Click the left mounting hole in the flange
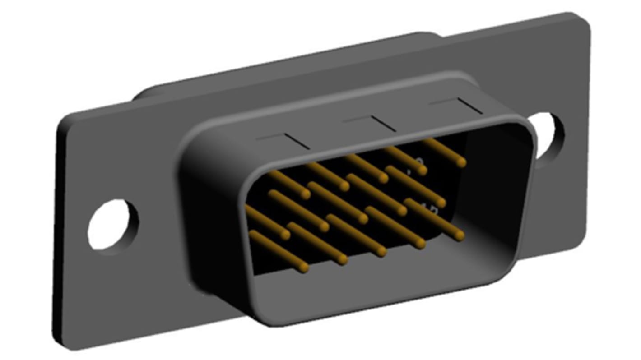pyautogui.click(x=113, y=225)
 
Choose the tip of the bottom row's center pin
pyautogui.click(x=382, y=252)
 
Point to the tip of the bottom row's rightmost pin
pyautogui.click(x=460, y=235)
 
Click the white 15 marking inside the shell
pyautogui.click(x=429, y=208)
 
